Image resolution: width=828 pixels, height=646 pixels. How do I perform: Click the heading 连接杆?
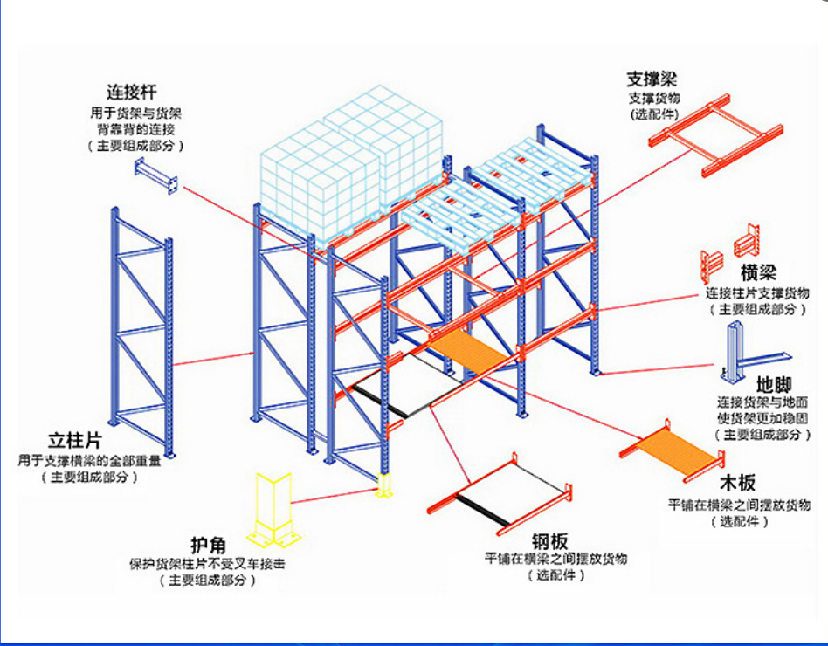click(x=132, y=92)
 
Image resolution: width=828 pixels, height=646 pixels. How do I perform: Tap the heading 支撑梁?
click(x=652, y=79)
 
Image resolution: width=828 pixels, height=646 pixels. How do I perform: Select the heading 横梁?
click(x=758, y=273)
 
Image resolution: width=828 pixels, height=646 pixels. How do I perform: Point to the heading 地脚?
click(x=774, y=384)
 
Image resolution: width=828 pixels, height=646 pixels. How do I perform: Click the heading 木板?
click(x=738, y=483)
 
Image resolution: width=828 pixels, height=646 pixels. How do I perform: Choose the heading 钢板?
click(x=549, y=541)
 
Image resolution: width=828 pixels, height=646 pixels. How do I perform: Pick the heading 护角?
click(x=208, y=546)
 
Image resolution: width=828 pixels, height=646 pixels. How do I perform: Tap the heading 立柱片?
click(x=75, y=441)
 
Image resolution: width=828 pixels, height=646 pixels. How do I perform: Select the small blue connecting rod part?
click(x=155, y=175)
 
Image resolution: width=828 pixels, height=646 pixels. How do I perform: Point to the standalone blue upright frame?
click(x=141, y=333)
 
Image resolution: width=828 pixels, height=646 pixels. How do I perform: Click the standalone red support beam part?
click(x=715, y=135)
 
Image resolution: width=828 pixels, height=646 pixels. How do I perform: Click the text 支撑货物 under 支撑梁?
click(x=654, y=98)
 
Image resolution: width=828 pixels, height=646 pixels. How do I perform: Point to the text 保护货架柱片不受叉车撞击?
click(x=208, y=564)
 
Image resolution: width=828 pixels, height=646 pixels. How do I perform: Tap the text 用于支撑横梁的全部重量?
click(x=89, y=461)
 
